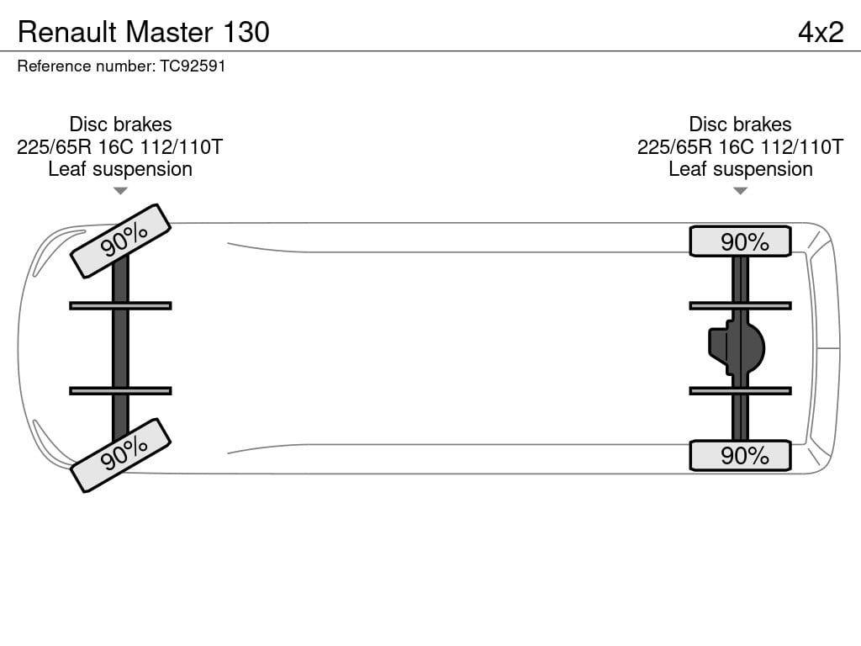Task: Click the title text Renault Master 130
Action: tap(143, 32)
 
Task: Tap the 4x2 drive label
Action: tap(821, 32)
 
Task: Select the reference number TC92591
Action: tap(193, 66)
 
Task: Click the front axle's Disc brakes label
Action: tap(120, 124)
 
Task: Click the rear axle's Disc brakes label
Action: tap(740, 124)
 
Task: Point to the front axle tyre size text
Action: tap(119, 146)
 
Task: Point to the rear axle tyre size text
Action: tap(740, 146)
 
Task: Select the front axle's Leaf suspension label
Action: tap(120, 169)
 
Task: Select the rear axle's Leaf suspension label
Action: tap(740, 169)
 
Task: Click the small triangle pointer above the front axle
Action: tap(120, 191)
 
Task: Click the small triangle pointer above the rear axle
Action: tap(740, 191)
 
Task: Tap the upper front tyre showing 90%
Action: tap(121, 241)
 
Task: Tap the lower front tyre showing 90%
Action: tap(121, 455)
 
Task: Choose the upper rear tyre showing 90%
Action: tap(740, 241)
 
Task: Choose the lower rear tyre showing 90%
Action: tap(740, 455)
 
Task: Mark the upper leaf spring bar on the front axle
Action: tap(120, 305)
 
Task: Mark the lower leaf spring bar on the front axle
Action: tap(120, 390)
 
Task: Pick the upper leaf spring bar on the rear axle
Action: tap(740, 305)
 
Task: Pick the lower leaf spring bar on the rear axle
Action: tap(740, 390)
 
